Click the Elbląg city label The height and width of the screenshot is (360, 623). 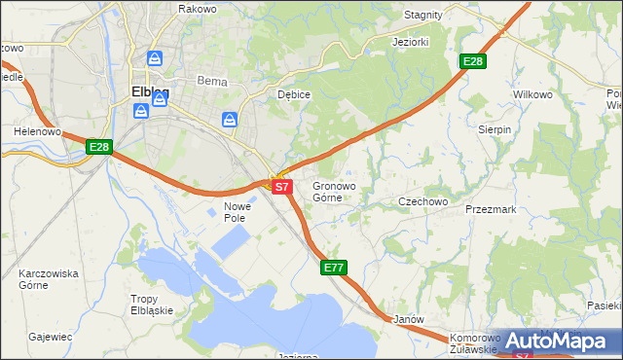149,93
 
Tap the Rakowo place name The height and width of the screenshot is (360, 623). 197,9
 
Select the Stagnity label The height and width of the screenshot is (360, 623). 422,15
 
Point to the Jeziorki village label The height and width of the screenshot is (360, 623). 410,43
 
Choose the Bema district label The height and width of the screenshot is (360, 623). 211,82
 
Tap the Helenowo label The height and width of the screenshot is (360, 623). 38,130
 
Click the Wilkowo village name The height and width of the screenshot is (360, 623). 532,95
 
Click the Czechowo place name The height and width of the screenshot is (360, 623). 422,201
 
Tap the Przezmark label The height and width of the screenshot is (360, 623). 491,209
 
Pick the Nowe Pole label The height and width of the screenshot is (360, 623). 238,213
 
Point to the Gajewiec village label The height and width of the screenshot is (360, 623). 51,337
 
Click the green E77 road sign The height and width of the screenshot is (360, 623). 334,267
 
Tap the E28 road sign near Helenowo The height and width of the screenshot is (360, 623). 99,147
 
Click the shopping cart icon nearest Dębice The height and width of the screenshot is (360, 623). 229,120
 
